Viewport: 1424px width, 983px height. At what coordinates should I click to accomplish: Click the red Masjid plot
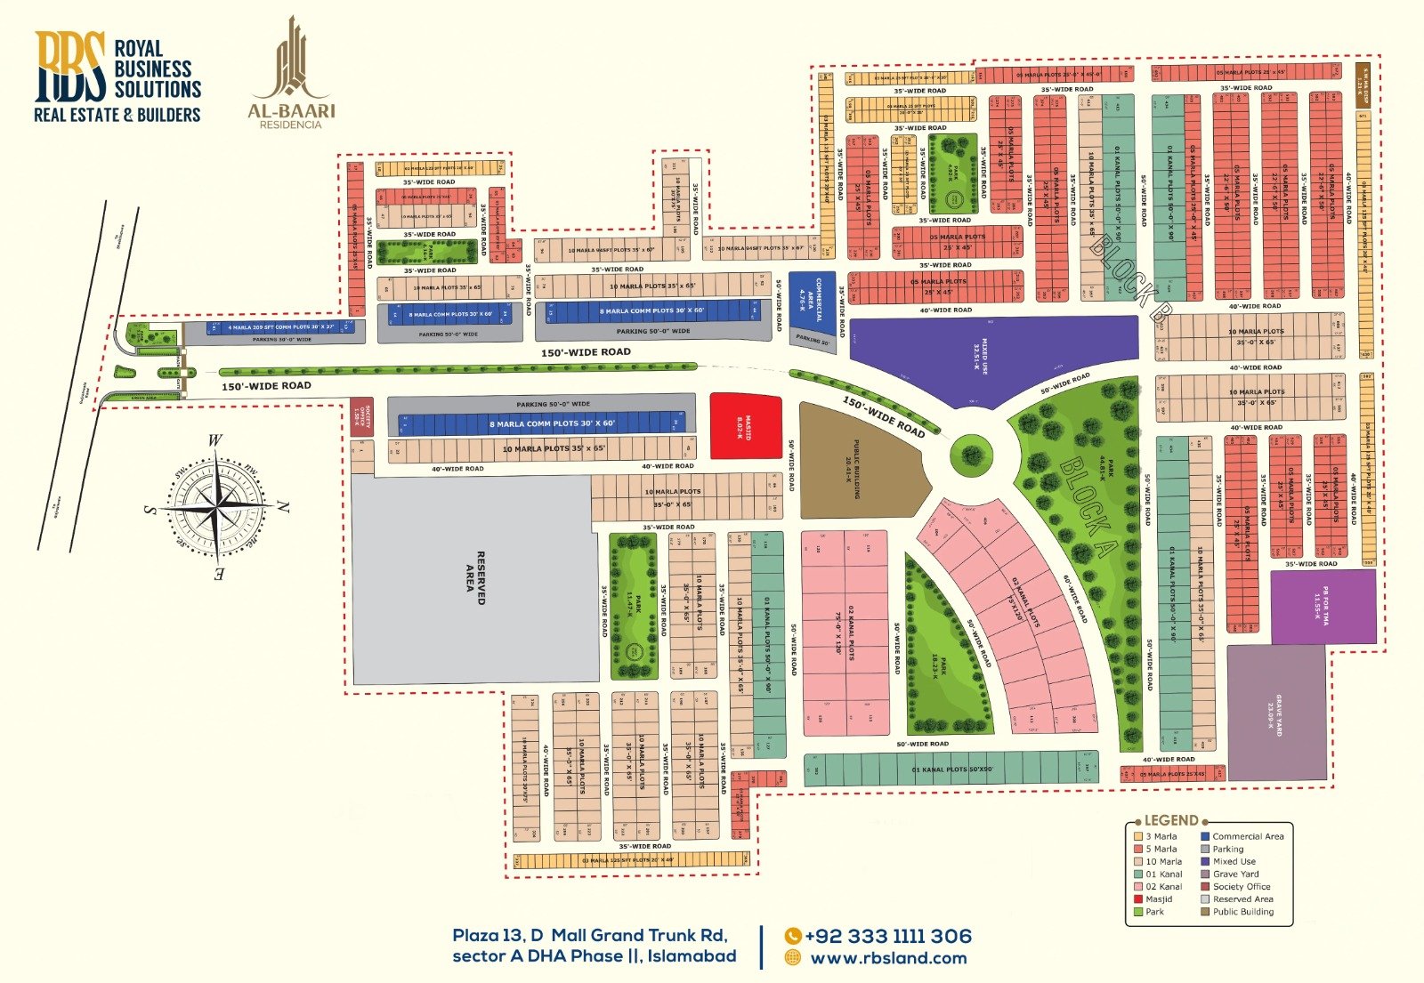point(745,427)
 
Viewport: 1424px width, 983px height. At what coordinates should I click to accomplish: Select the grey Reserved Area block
point(472,578)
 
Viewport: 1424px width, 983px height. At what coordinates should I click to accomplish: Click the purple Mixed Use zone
point(988,356)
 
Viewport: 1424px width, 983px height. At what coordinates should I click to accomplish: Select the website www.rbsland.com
point(887,958)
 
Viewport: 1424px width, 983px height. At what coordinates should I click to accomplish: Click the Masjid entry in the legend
point(1158,899)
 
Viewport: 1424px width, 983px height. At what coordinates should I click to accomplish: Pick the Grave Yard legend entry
point(1235,874)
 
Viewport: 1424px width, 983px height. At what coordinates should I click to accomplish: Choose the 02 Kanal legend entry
point(1163,887)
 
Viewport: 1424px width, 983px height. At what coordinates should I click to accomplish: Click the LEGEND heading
point(1170,820)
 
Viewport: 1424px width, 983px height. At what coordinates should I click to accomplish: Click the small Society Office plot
point(361,415)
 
